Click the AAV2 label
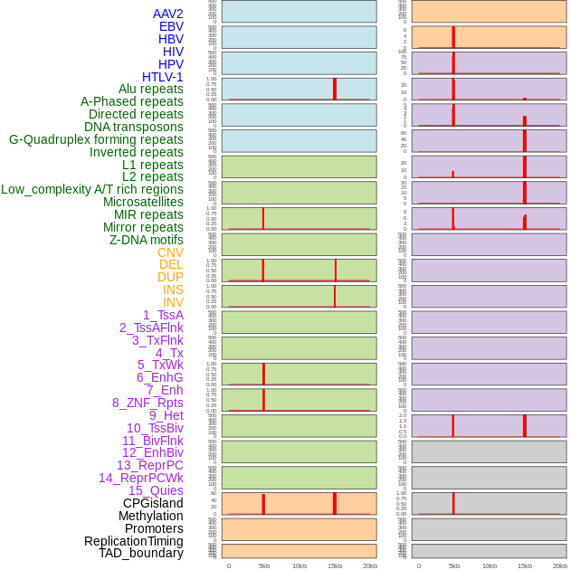pyautogui.click(x=167, y=14)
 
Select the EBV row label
pyautogui.click(x=171, y=26)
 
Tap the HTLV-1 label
pyautogui.click(x=163, y=77)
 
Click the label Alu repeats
pyautogui.click(x=151, y=89)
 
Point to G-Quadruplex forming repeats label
pyautogui.click(x=96, y=139)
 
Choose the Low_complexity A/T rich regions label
pyautogui.click(x=92, y=189)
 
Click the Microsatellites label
pyautogui.click(x=143, y=202)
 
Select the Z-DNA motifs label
pyautogui.click(x=147, y=240)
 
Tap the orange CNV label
pyautogui.click(x=170, y=252)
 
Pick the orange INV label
pyautogui.click(x=173, y=302)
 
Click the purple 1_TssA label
pyautogui.click(x=163, y=315)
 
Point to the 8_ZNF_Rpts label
pyautogui.click(x=147, y=403)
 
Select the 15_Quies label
pyautogui.click(x=156, y=490)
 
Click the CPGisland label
pyautogui.click(x=153, y=503)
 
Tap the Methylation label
pyautogui.click(x=151, y=516)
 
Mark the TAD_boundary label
pyautogui.click(x=141, y=553)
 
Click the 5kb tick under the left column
pyautogui.click(x=264, y=565)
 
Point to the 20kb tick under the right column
pyautogui.click(x=560, y=565)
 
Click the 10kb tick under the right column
pyautogui.click(x=489, y=565)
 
